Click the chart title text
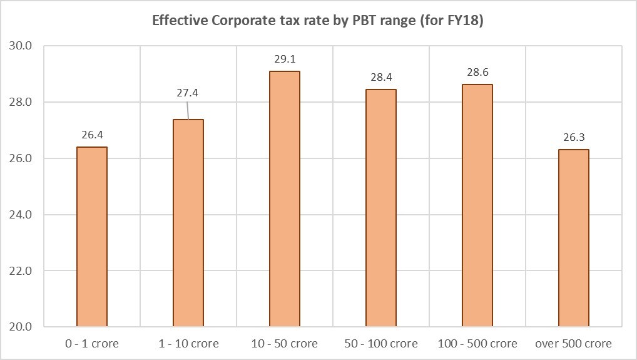click(x=318, y=20)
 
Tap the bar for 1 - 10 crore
click(x=188, y=223)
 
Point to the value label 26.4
click(x=92, y=135)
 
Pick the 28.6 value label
click(x=477, y=73)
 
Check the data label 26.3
click(x=574, y=138)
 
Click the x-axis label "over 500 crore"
click(x=574, y=344)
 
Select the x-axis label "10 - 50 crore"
click(x=285, y=344)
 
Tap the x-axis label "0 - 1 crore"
click(x=92, y=344)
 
